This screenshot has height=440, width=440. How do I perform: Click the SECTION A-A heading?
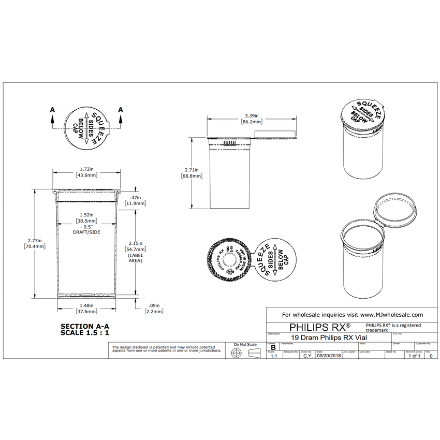click(85, 326)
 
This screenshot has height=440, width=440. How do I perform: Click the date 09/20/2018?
click(329, 356)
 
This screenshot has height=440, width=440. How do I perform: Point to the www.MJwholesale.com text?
click(391, 314)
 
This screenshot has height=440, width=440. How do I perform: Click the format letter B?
click(273, 347)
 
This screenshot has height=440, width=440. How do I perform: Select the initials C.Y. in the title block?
click(307, 356)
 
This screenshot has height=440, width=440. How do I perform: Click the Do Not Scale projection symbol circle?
click(236, 352)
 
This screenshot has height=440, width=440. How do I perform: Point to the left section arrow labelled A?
click(52, 117)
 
